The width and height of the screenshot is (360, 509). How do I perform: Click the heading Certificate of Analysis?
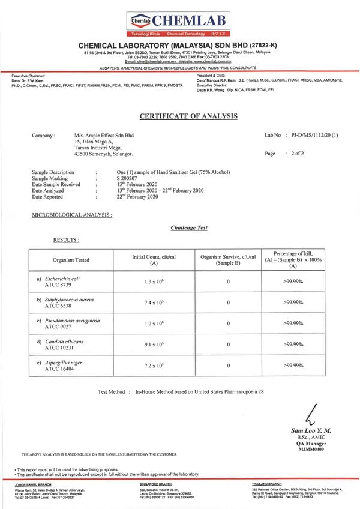pos(180,116)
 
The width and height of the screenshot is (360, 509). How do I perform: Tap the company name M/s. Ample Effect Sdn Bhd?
pos(104,136)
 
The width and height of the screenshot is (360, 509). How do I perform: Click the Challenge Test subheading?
pos(189,228)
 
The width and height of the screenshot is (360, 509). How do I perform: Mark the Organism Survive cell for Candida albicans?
pos(228,345)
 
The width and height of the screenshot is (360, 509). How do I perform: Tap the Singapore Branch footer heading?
pos(155,483)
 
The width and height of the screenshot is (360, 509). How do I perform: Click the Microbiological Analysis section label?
pos(72,214)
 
